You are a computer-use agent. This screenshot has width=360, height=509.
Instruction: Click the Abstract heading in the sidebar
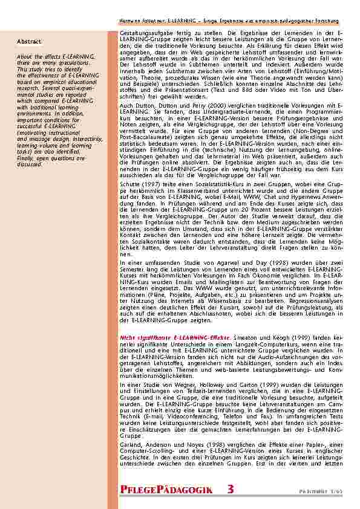point(30,41)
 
